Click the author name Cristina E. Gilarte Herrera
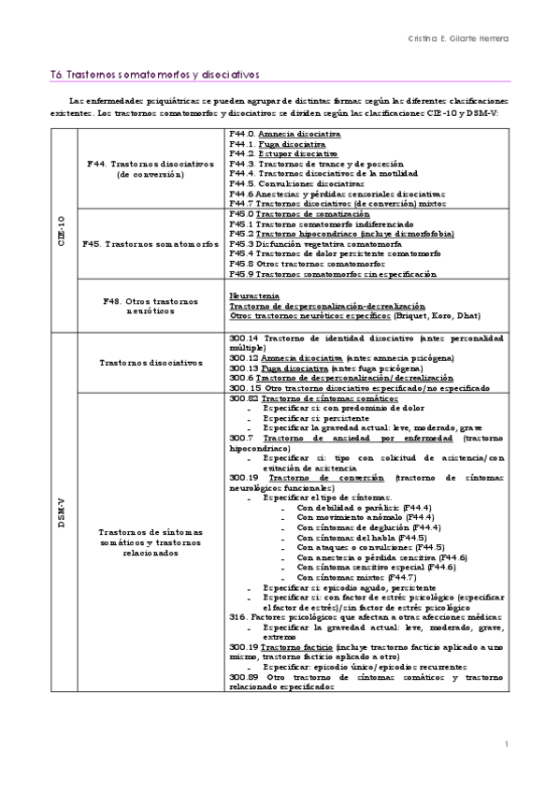point(459,38)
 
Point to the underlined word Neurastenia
point(254,295)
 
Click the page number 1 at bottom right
point(506,744)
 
